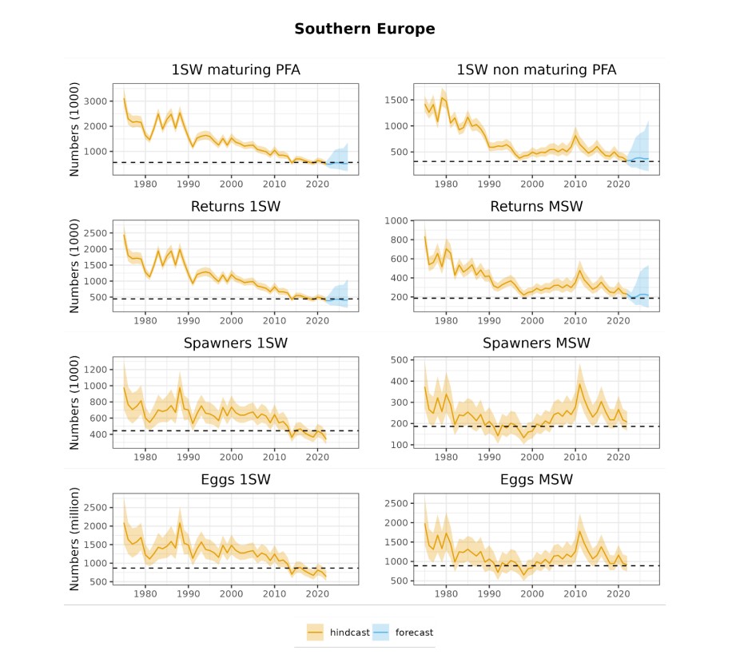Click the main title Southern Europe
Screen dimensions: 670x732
tap(364, 30)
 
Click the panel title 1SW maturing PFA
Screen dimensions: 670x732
tap(236, 69)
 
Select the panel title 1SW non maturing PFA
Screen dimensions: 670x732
tap(536, 69)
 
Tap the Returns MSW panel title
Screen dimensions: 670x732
tap(536, 207)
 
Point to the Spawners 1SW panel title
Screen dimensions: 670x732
tap(236, 343)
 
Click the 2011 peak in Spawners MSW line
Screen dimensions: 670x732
tap(579, 384)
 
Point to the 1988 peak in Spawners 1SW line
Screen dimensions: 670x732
tap(180, 387)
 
